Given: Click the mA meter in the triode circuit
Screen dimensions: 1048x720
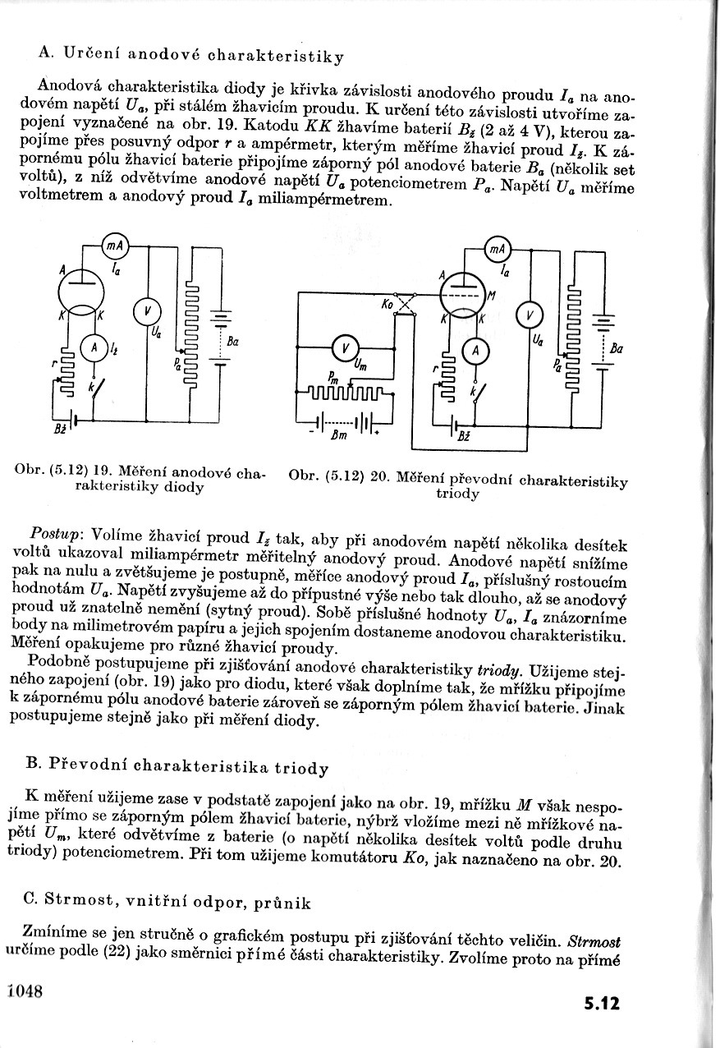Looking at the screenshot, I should pos(498,249).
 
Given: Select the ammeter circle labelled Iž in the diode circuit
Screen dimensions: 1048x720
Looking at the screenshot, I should pos(95,347).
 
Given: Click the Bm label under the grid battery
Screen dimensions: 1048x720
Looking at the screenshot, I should pos(340,437).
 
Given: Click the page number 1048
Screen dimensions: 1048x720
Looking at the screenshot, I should pos(24,990).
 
